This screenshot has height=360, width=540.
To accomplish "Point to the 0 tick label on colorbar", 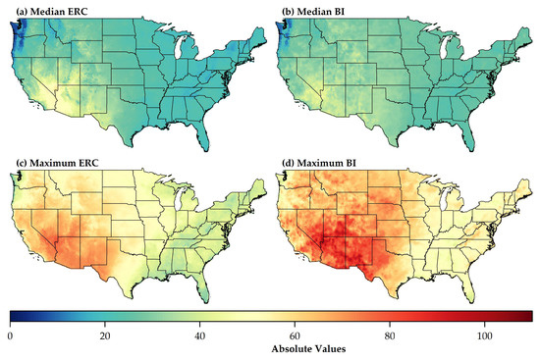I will [x=10, y=334].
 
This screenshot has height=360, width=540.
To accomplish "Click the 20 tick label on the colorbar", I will [x=105, y=334].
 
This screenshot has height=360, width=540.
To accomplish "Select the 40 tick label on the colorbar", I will [x=199, y=334].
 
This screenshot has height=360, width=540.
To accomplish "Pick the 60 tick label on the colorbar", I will [x=295, y=334].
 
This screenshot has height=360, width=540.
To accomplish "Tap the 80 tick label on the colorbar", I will [x=389, y=334].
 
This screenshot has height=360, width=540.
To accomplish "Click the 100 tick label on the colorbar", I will [x=484, y=334].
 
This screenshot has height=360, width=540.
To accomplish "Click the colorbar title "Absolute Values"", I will [x=270, y=348].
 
